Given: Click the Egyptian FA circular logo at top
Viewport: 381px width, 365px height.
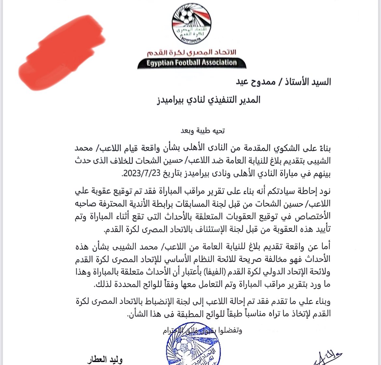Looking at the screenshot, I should coord(187,23).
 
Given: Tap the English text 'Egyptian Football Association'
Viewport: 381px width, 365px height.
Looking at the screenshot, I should coord(191,63).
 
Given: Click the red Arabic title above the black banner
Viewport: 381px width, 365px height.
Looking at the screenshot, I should coord(191,53).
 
